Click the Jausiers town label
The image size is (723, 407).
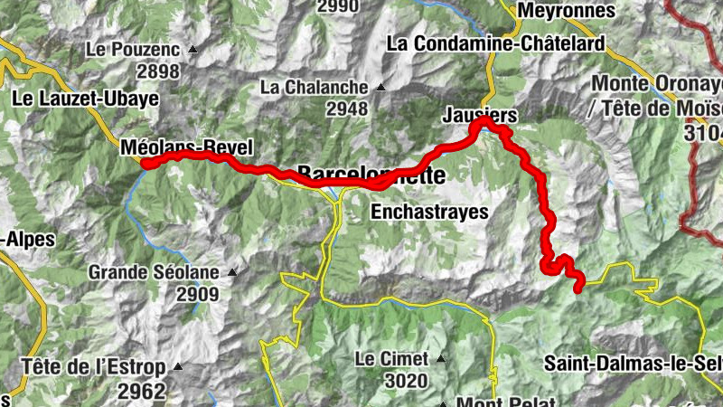480,115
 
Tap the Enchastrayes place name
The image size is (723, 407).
429,213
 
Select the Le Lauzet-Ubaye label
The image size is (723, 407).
86,97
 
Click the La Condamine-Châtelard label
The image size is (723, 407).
495,43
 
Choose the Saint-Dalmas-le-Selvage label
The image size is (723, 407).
633,364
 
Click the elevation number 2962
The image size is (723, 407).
141,391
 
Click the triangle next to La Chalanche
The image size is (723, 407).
380,88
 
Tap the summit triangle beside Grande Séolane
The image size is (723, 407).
232,271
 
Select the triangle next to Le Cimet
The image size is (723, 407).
442,358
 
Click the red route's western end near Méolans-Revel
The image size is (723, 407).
146,164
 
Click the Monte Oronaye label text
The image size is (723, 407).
657,83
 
